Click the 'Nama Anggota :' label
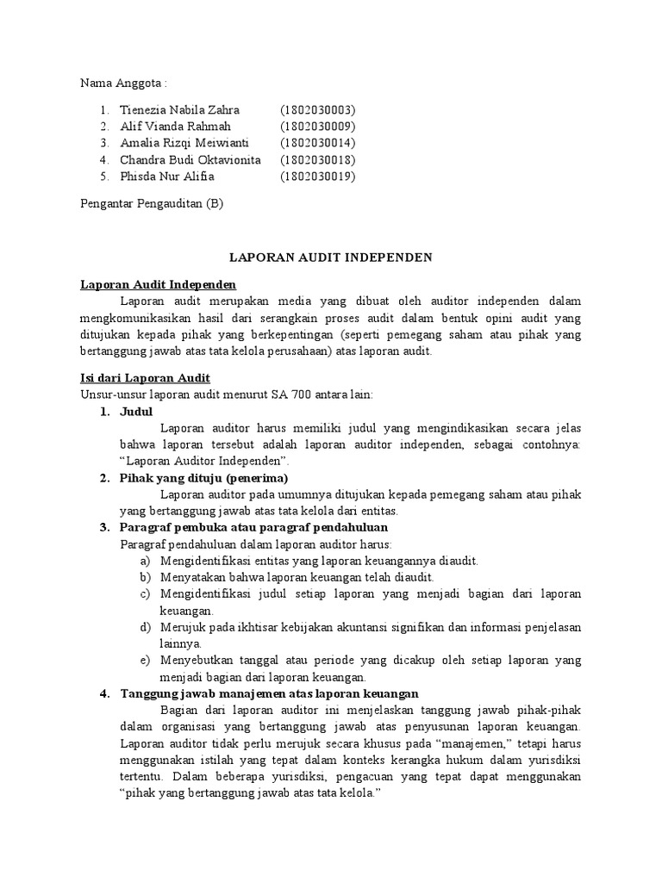(122, 84)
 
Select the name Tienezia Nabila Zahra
(179, 110)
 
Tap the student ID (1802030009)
(317, 127)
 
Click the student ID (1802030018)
(317, 160)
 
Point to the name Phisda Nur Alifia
(167, 177)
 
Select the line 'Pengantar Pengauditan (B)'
(152, 203)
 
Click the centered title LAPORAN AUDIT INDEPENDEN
(330, 258)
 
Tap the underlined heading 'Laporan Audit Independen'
(159, 284)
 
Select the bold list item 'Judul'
(136, 412)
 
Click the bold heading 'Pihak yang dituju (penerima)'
(203, 478)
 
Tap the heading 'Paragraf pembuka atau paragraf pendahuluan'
(253, 527)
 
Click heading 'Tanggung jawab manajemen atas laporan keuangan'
(269, 693)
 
